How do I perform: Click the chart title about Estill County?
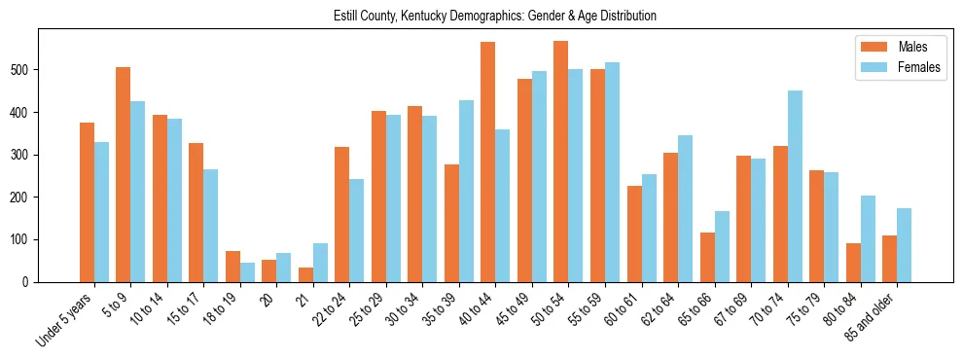(481, 16)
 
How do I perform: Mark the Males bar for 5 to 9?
(124, 174)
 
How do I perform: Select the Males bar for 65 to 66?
(707, 257)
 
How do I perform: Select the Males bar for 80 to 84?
(853, 263)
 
